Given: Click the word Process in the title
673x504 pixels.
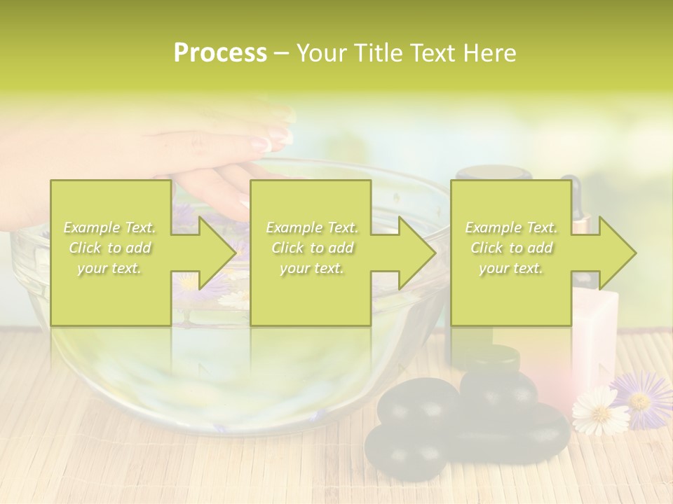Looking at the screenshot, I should click(x=220, y=53).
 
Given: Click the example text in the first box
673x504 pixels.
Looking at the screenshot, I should click(x=109, y=248).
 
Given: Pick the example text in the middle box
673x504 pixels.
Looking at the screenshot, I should click(x=312, y=248).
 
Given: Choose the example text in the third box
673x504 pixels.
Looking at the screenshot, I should click(x=511, y=248).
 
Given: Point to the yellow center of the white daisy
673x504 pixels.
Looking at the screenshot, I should click(x=600, y=409).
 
